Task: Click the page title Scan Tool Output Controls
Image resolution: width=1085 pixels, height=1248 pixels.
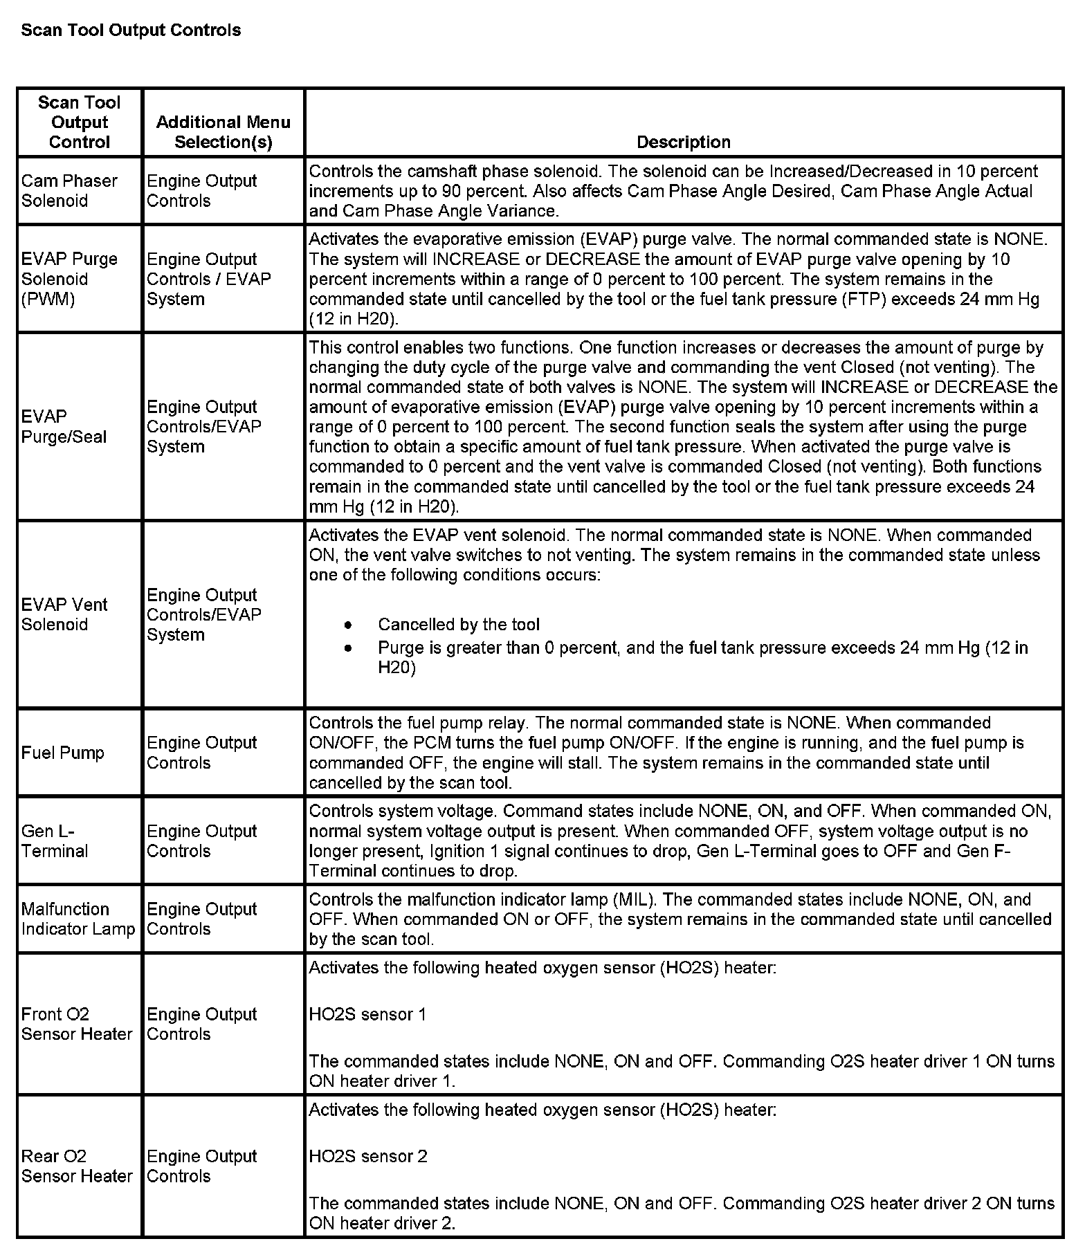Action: tap(131, 30)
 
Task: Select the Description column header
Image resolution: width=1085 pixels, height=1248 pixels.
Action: tap(683, 142)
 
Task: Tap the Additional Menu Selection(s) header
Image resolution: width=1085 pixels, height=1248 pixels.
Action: tap(223, 132)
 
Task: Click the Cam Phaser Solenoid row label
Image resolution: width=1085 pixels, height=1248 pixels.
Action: tap(69, 190)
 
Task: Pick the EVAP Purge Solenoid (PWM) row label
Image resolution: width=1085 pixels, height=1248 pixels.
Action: tap(69, 279)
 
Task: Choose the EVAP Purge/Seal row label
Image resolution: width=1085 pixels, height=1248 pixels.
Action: tap(64, 426)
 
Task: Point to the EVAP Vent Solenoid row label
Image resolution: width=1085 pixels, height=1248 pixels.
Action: tap(64, 614)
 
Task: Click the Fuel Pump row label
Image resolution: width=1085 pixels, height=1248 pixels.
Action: tap(63, 753)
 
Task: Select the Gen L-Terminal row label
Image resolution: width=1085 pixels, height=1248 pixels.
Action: tap(55, 841)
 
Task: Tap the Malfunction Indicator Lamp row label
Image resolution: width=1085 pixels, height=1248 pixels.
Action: tap(77, 919)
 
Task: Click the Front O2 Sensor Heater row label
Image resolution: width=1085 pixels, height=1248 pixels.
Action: tap(76, 1024)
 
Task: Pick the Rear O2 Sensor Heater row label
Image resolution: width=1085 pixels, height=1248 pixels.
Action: tap(76, 1166)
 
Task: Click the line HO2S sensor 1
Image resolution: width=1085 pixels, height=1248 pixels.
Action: tap(367, 1014)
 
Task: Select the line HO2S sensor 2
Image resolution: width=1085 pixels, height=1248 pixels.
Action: tap(368, 1156)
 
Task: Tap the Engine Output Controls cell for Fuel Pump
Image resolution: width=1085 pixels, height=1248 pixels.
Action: tap(201, 753)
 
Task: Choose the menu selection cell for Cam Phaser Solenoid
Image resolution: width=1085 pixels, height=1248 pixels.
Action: tap(201, 190)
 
